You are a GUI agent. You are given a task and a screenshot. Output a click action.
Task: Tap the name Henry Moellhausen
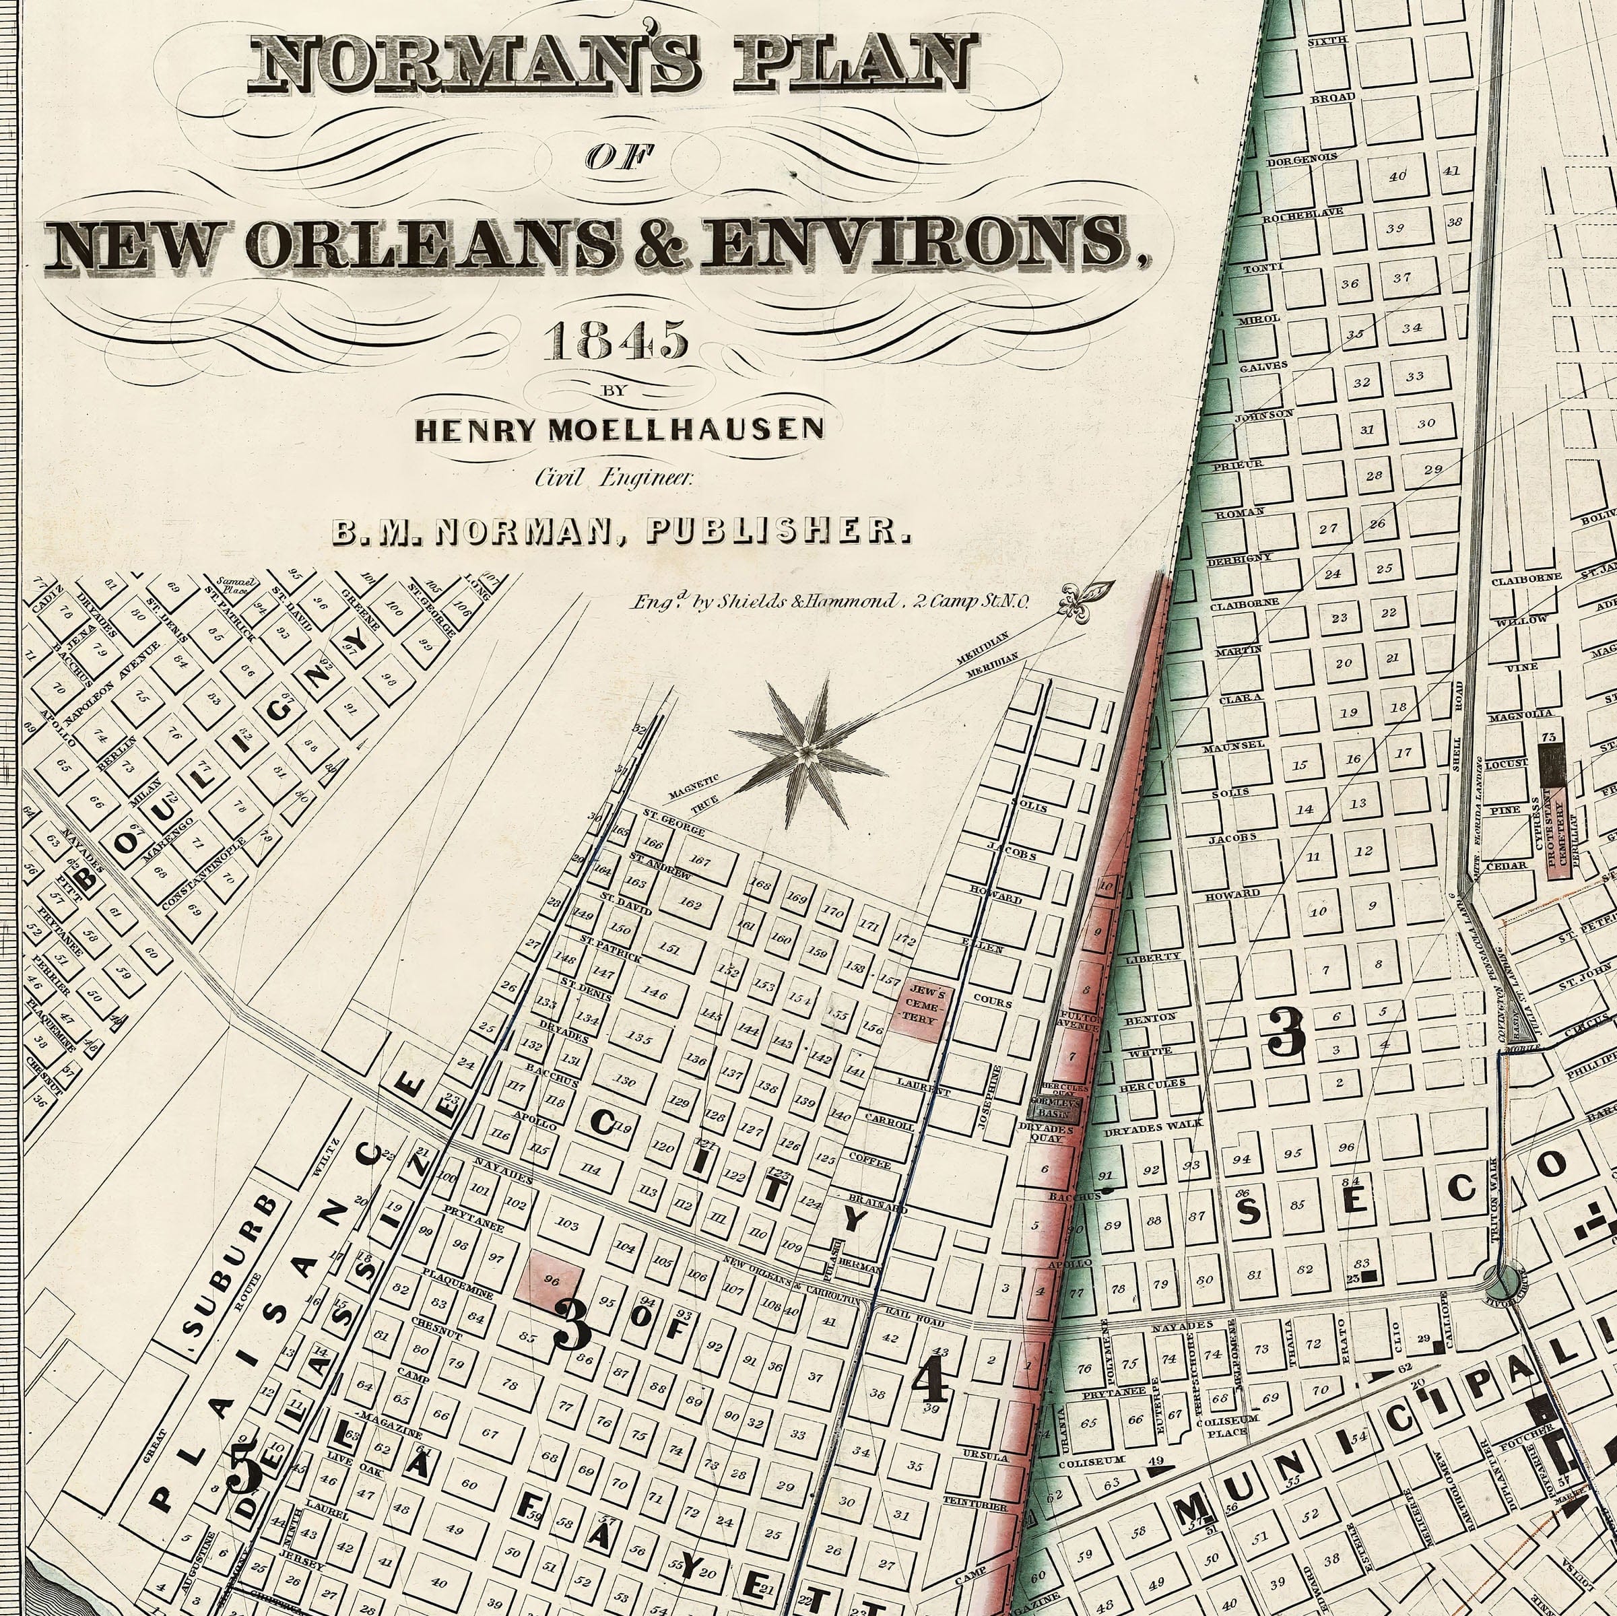pyautogui.click(x=620, y=430)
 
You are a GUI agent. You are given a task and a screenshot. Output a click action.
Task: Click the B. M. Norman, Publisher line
pyautogui.click(x=620, y=532)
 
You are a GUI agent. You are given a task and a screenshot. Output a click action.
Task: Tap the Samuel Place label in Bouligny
pyautogui.click(x=228, y=584)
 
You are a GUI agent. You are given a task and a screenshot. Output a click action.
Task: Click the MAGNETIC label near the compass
pyautogui.click(x=693, y=786)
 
